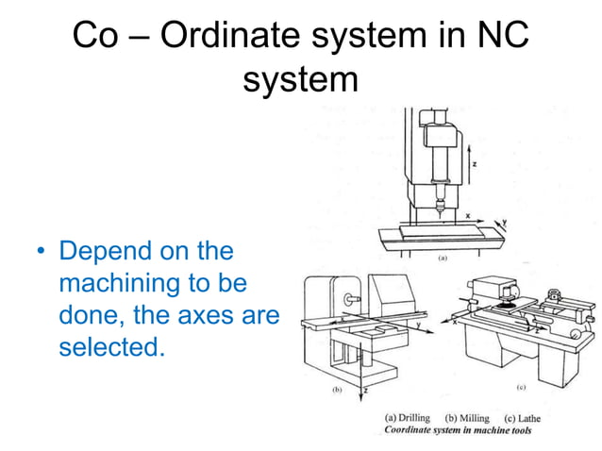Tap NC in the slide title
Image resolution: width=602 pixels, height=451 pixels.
[499, 37]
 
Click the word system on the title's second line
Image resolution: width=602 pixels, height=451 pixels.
[301, 81]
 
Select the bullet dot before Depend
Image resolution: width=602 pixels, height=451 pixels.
[42, 253]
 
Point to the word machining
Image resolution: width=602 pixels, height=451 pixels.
[121, 284]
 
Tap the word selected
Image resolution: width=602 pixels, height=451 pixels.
[111, 346]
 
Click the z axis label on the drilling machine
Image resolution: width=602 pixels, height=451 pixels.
[475, 163]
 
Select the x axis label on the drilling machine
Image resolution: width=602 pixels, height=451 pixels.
[466, 216]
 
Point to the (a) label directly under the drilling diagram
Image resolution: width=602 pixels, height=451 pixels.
[441, 257]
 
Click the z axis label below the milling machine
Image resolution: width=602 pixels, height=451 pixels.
[364, 388]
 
